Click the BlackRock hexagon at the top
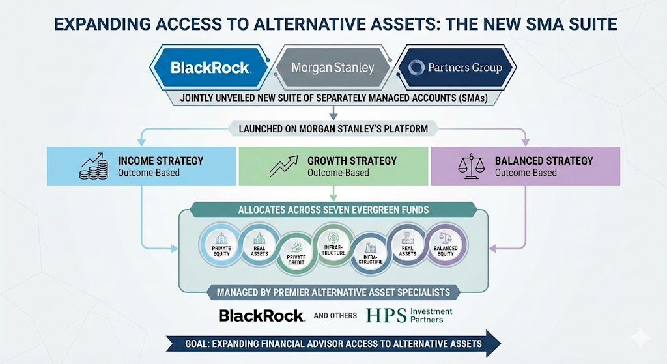(210, 67)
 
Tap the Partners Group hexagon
(455, 67)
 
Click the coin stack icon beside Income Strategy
(93, 166)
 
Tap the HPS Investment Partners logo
(409, 315)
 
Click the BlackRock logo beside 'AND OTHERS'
(261, 316)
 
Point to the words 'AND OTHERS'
(335, 316)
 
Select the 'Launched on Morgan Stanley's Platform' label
(333, 128)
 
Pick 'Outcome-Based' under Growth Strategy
(338, 173)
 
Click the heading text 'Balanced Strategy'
(544, 160)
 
